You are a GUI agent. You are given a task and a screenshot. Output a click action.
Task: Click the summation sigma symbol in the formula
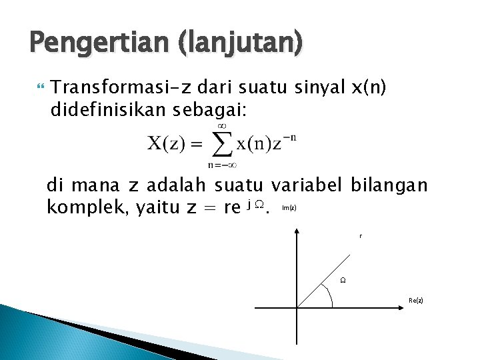point(221,144)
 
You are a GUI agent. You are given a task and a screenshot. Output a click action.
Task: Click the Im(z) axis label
point(289,208)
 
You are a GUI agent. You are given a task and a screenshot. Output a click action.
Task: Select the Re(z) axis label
point(415,301)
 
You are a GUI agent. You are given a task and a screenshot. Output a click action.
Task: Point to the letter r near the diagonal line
point(360,236)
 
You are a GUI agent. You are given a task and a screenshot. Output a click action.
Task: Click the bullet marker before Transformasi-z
point(41,87)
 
